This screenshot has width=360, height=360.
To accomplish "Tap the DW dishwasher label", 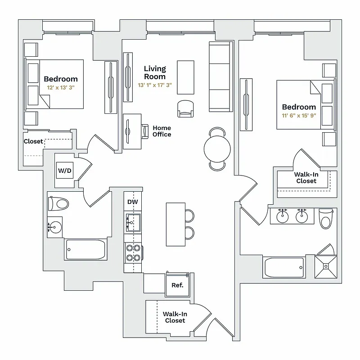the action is [132, 202].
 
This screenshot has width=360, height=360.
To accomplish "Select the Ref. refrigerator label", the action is [177, 285].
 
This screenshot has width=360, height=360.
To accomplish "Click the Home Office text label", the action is [162, 131].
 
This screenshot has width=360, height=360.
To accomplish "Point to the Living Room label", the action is [155, 72].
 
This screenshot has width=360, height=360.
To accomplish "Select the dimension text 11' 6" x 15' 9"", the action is [299, 116].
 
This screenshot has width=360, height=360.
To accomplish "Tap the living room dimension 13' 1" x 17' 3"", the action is [155, 85].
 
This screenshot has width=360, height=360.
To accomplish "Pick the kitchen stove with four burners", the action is [133, 252].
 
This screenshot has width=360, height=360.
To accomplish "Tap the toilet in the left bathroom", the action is [59, 203].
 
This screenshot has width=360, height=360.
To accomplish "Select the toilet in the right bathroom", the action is [325, 219].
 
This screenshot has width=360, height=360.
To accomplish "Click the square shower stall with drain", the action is [325, 265].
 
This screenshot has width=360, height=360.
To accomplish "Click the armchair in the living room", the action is [187, 108].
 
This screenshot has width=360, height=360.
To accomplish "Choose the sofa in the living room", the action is [220, 76].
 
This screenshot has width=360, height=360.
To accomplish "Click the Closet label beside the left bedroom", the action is [33, 141].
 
